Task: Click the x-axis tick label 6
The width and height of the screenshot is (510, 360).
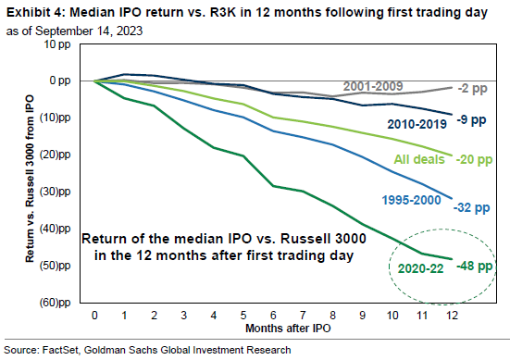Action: pyautogui.click(x=275, y=315)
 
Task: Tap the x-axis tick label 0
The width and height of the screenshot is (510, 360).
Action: pyautogui.click(x=95, y=315)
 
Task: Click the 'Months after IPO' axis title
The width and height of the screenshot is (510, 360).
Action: pyautogui.click(x=275, y=328)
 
